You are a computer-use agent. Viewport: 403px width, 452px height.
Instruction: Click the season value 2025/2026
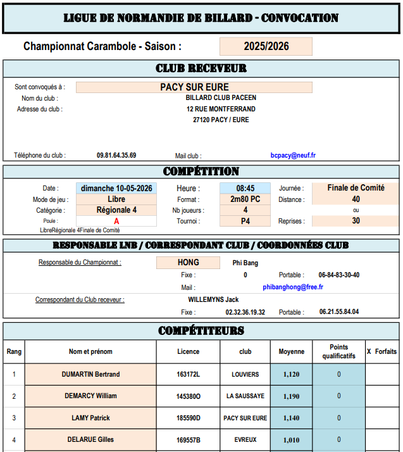(x=266, y=46)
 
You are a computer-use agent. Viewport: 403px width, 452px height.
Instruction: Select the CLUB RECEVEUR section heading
(x=201, y=68)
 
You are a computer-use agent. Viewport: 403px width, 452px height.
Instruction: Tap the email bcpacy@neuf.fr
(x=293, y=155)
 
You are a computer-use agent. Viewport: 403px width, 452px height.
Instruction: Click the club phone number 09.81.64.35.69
(x=116, y=155)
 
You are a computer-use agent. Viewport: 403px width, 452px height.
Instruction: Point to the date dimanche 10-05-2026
(x=116, y=188)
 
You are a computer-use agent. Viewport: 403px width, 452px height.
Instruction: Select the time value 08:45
(x=245, y=188)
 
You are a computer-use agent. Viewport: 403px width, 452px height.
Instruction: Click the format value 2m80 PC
(x=245, y=199)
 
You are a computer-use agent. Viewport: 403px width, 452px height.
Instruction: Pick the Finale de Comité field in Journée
(x=356, y=188)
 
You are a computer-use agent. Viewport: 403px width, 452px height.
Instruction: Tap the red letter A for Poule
(x=116, y=222)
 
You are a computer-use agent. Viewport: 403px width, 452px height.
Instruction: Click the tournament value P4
(x=245, y=222)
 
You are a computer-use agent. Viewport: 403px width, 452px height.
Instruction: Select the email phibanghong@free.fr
(x=293, y=287)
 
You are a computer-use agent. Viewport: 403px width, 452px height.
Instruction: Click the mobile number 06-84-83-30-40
(x=339, y=275)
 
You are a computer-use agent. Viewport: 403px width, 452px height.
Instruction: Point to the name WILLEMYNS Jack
(x=213, y=299)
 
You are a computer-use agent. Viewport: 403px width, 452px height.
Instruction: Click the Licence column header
(x=188, y=351)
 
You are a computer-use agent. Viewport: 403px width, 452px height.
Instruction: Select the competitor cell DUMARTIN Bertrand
(x=90, y=374)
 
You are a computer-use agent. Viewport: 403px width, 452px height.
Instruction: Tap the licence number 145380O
(x=188, y=396)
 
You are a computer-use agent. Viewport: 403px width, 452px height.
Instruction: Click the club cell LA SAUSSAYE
(x=245, y=396)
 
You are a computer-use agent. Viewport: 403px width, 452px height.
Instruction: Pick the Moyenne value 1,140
(x=291, y=418)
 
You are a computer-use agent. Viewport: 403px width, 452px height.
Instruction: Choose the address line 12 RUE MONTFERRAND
(x=221, y=109)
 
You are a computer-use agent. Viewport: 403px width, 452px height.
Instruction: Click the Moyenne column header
(x=291, y=351)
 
